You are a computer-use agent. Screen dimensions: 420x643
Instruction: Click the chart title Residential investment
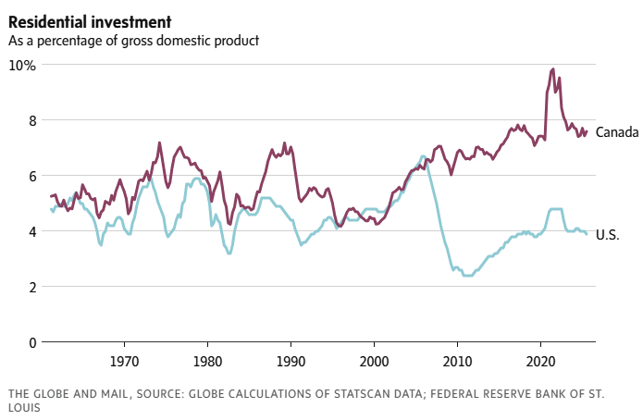tap(80, 19)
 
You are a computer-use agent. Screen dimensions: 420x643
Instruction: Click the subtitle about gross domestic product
tap(133, 41)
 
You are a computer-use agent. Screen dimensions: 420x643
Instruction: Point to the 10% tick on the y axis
tap(23, 65)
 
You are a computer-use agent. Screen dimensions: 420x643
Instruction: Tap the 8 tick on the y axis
tap(31, 120)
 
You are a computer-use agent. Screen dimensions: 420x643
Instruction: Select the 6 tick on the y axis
tap(31, 176)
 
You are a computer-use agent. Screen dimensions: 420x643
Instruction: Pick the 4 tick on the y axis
tap(31, 231)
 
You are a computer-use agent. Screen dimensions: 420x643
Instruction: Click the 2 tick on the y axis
tap(31, 287)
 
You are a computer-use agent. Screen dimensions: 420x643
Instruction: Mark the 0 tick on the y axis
tap(31, 342)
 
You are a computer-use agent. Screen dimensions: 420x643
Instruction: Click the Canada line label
tap(617, 132)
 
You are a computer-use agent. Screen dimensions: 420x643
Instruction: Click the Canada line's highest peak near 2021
tap(552, 69)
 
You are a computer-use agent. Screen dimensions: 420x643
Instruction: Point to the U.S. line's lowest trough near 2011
tap(467, 276)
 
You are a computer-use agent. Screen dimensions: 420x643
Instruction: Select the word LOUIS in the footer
tap(27, 410)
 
